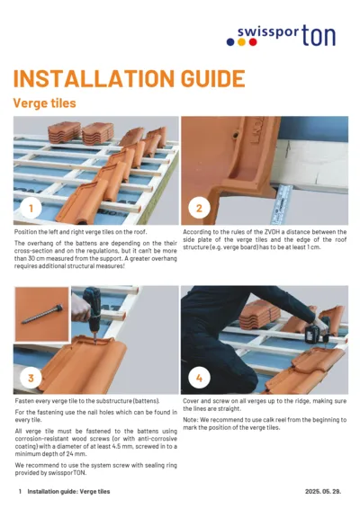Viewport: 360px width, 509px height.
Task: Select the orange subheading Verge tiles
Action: click(44, 103)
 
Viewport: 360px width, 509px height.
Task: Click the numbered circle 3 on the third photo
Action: click(32, 378)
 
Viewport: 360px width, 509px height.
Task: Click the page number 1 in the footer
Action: click(20, 492)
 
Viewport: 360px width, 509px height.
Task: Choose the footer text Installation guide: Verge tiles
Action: click(68, 492)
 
